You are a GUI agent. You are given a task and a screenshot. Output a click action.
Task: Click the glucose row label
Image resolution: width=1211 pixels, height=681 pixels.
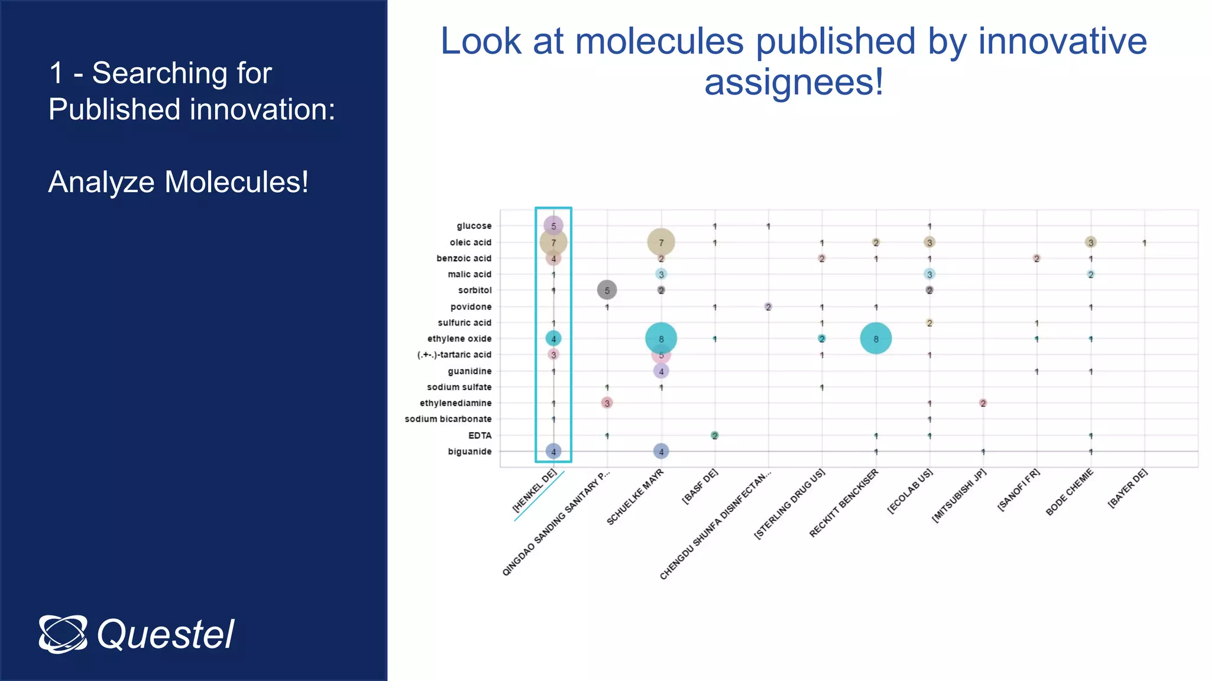[474, 226]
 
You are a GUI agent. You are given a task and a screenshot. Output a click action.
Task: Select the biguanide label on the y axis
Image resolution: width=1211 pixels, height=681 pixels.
[469, 452]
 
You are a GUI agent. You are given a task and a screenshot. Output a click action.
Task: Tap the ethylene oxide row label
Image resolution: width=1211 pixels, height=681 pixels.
[459, 339]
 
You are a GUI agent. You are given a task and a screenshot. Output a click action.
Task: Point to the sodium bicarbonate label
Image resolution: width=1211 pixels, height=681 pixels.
[448, 419]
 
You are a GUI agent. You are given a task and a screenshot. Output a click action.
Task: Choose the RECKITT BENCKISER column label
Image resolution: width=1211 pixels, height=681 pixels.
[844, 503]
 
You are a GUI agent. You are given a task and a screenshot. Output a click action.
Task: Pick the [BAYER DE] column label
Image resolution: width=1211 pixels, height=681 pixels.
[1128, 488]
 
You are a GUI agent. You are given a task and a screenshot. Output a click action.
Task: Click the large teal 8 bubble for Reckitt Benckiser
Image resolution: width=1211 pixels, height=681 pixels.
[876, 339]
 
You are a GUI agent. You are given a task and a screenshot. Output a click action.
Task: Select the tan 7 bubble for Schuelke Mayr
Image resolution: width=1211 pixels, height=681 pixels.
[661, 242]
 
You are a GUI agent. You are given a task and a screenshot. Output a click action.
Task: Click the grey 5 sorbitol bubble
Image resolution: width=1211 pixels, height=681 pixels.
[607, 290]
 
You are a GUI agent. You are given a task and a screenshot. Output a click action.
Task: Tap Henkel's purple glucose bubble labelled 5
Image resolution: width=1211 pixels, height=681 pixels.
[553, 226]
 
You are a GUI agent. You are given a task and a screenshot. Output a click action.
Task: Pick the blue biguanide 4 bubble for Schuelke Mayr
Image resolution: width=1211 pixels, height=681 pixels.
[661, 452]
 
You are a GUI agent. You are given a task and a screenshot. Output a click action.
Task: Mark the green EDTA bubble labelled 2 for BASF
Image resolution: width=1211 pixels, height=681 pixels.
[715, 436]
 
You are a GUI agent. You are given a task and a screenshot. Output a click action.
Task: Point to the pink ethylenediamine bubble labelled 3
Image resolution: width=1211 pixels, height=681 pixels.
[607, 403]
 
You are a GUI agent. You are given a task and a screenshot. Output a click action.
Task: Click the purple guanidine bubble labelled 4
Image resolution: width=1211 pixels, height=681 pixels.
[661, 371]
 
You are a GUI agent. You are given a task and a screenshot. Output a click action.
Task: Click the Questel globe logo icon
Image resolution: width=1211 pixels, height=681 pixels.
[63, 634]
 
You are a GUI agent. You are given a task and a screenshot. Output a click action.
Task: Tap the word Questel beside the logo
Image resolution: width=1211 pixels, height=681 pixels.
[166, 635]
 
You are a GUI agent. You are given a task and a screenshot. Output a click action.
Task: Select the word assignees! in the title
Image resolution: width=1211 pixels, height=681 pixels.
[794, 82]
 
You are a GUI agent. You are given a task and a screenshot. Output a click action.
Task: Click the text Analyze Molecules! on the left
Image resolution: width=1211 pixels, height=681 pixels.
[178, 182]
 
